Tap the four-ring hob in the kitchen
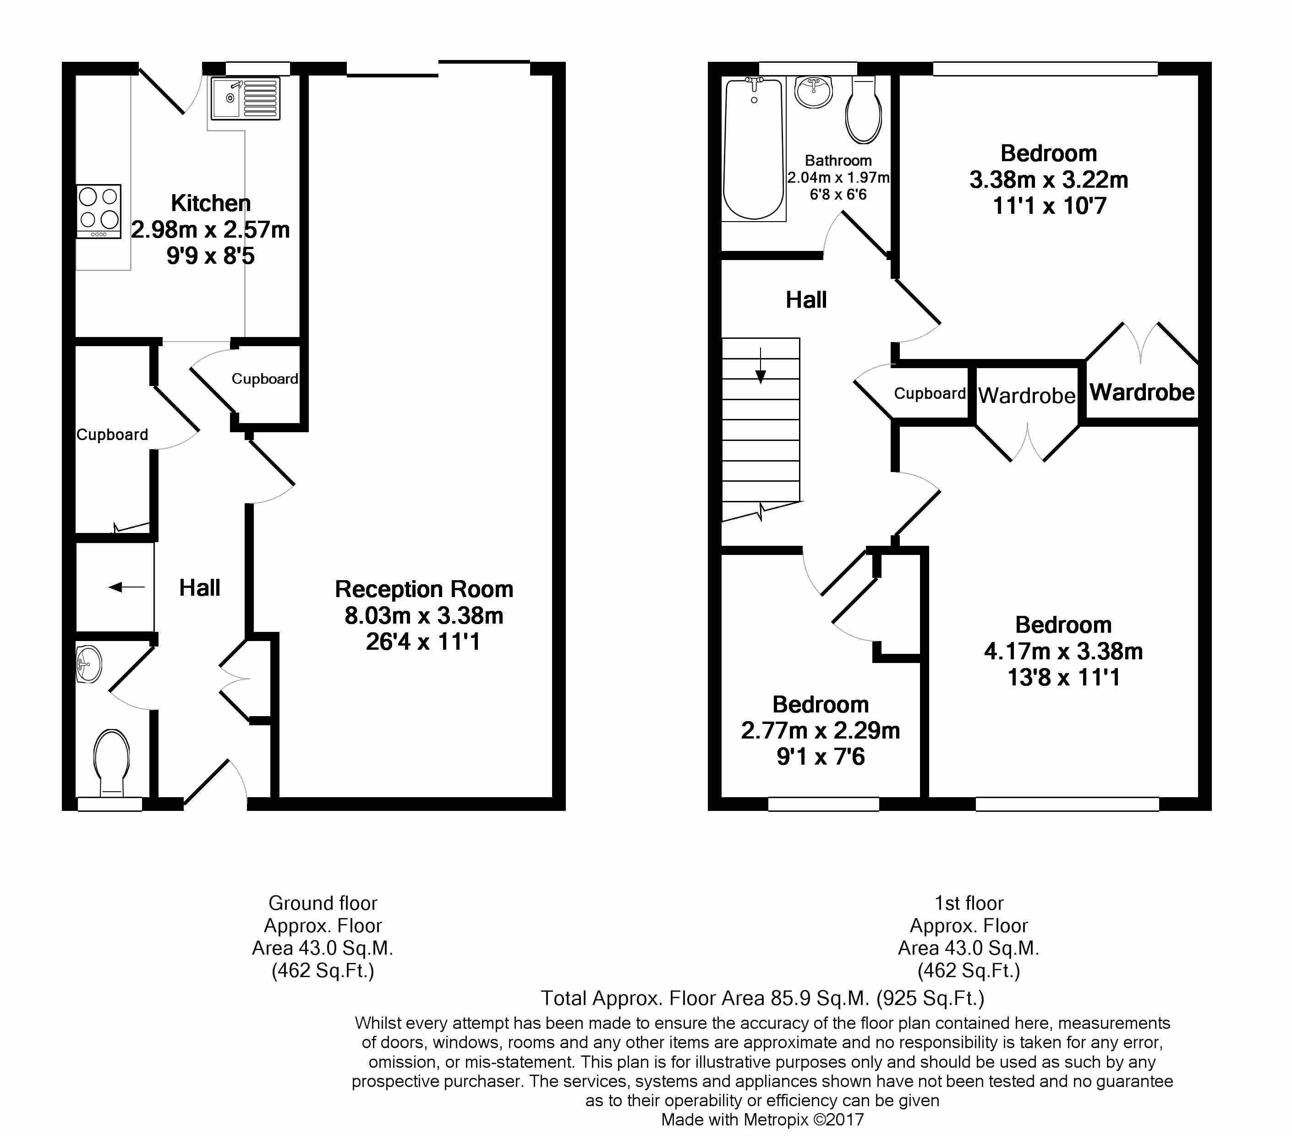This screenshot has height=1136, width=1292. (99, 212)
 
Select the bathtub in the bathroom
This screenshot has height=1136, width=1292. (754, 149)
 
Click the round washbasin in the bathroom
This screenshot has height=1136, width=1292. (814, 92)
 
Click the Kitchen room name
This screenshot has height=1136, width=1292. (211, 203)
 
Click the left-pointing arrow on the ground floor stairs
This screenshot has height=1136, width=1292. (127, 587)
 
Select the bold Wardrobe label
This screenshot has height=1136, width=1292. (1142, 392)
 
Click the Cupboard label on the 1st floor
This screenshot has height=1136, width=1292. (930, 394)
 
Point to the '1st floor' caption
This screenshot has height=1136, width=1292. (969, 903)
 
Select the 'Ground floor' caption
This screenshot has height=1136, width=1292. (323, 903)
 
